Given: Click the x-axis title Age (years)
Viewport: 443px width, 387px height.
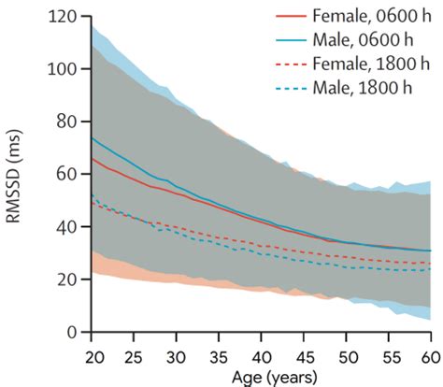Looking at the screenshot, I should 261,375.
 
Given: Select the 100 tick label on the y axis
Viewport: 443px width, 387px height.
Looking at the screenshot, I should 64,69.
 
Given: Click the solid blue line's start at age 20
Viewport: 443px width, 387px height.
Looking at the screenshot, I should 92,138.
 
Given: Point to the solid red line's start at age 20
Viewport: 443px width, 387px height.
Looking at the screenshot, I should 92,159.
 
